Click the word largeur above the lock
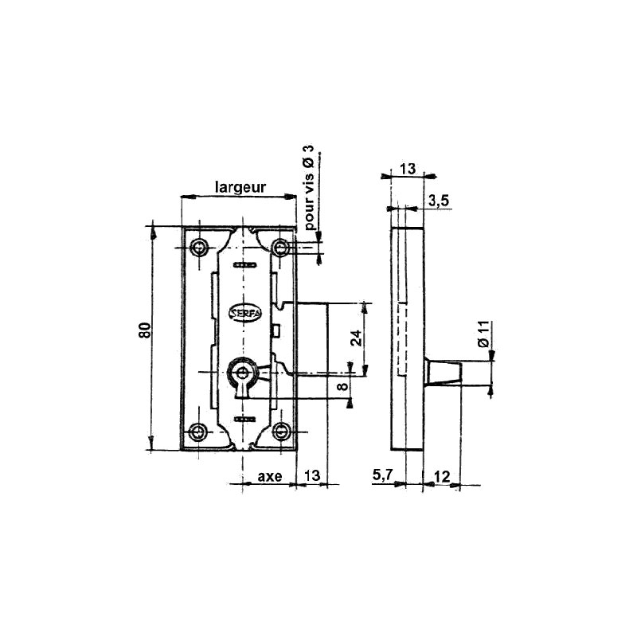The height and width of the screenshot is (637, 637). coord(240,187)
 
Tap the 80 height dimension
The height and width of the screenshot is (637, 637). coord(145,330)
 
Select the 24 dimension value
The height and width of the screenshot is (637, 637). coord(356,338)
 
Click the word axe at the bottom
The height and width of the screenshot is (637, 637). coord(269,476)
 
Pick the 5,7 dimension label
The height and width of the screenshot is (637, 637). coord(382,474)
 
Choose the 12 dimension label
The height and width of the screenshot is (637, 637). coord(442,476)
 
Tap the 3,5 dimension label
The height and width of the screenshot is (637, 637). coord(440,201)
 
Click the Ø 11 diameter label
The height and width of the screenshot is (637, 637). coord(483,334)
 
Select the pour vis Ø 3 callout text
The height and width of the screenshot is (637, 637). coord(310,188)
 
